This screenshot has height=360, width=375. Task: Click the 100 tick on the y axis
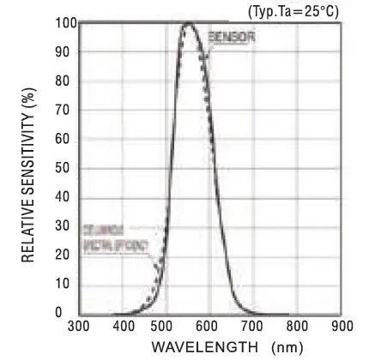62,22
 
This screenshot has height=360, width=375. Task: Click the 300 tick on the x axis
78,327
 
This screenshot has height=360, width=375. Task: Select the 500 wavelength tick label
166,327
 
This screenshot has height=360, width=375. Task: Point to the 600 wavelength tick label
209,327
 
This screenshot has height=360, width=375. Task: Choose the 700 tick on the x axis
253,327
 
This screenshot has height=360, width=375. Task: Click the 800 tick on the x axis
297,327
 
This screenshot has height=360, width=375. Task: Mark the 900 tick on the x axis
341,327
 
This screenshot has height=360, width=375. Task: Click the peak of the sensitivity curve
189,23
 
